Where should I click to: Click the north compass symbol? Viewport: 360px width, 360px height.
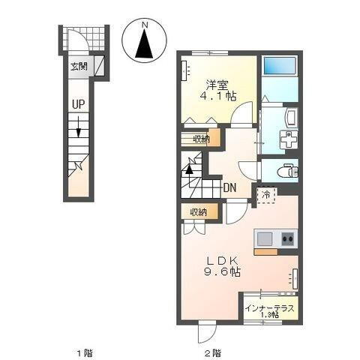pos(145,42)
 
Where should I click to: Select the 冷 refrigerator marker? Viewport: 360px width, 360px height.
pos(267,194)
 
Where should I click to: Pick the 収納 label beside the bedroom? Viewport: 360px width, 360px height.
pos(200,139)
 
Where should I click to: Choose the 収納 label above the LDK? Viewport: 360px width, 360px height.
pos(199,212)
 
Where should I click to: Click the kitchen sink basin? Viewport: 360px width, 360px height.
pos(265,239)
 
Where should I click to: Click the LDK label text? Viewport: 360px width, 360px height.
pos(223,261)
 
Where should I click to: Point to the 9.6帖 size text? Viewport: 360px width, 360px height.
pos(223,274)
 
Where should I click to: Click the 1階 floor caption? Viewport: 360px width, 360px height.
pos(79,351)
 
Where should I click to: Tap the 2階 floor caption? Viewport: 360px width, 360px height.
pos(211,351)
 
